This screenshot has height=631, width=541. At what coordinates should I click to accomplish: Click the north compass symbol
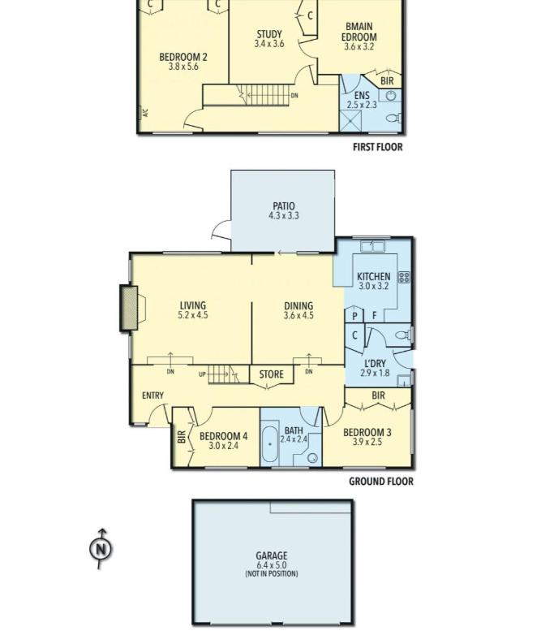point(101,548)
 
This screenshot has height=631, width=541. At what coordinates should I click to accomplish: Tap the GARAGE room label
point(271,555)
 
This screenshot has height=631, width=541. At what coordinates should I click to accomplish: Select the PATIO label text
point(284,206)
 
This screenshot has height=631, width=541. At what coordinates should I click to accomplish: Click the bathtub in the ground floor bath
point(270,444)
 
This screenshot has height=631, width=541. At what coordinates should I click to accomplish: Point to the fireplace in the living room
point(130,309)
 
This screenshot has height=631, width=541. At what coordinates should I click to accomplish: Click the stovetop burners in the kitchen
point(404,277)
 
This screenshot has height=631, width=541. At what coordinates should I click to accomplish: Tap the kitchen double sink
point(372,245)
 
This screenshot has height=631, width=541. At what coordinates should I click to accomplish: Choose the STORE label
point(271,374)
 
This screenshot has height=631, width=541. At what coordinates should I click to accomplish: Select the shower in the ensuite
point(350,120)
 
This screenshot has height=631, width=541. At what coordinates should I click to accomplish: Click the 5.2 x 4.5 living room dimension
point(193,315)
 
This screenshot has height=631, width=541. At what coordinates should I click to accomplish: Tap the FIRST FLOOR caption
point(377,147)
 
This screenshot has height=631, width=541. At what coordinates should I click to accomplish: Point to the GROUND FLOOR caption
point(381,482)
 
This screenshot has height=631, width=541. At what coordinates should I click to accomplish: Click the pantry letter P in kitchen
point(354,316)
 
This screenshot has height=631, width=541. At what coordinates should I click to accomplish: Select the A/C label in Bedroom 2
point(145,113)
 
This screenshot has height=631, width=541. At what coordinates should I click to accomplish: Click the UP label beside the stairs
point(202,374)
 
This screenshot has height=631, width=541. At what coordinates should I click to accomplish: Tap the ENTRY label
point(152,395)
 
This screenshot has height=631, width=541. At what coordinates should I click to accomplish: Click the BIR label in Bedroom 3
point(378,395)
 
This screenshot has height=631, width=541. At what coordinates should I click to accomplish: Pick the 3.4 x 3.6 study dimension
point(269,44)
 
